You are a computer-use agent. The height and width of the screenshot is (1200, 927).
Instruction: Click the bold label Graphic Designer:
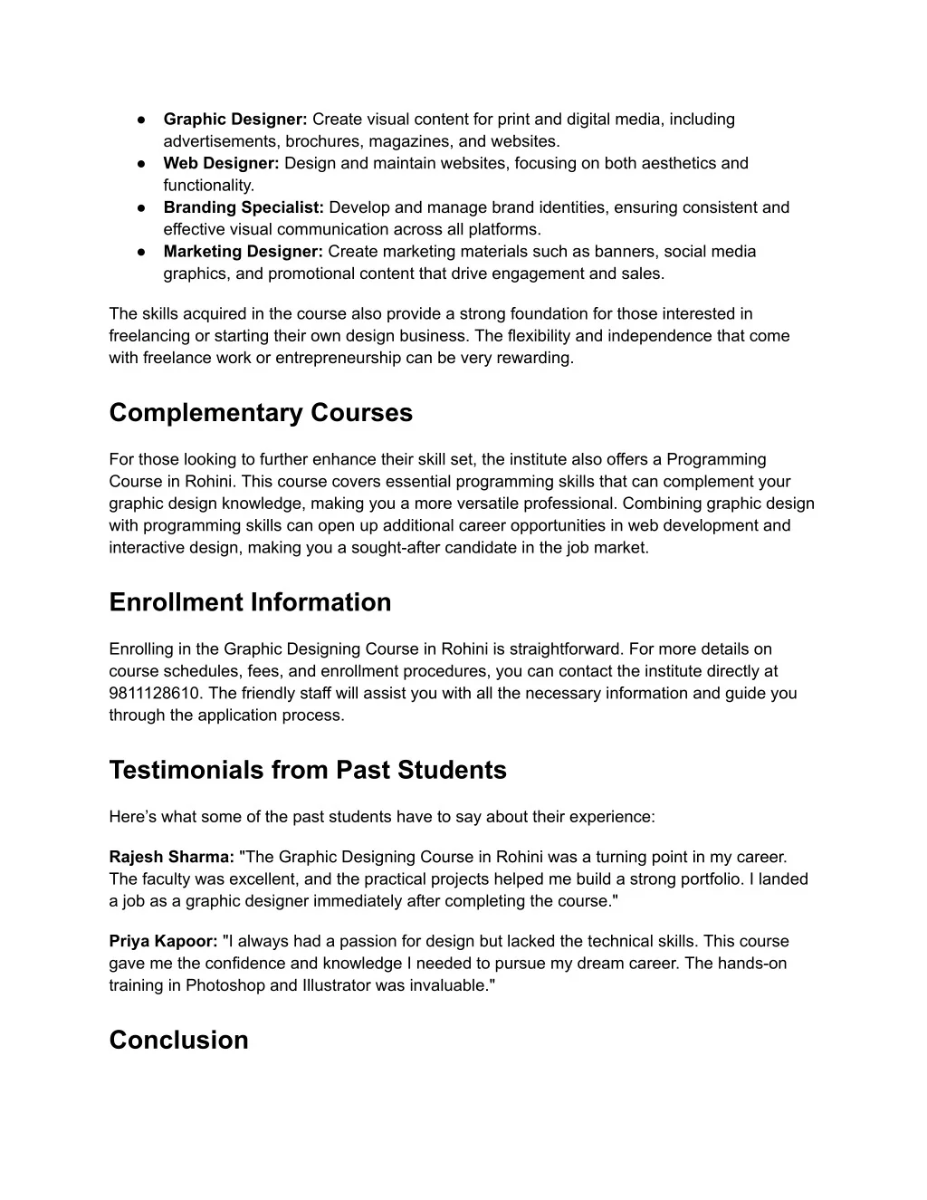pos(235,120)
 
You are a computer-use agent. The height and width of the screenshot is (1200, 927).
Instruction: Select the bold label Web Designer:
pos(221,164)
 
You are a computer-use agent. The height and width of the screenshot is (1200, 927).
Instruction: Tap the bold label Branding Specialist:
pos(244,207)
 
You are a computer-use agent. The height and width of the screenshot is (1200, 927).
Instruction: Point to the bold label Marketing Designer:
pos(243,252)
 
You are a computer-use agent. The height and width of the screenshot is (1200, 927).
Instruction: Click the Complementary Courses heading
pos(261,413)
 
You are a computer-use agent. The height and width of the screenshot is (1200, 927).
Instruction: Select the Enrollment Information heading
pos(250,602)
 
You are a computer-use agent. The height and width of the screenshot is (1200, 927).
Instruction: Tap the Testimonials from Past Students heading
pos(308,770)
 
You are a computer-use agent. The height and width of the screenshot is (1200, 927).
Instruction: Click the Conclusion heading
pos(178,1040)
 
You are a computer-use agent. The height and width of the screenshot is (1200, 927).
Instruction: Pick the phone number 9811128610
pos(148,694)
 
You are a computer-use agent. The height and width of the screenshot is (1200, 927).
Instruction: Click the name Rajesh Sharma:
pos(172,857)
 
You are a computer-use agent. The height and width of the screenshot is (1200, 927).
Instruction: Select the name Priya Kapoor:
pos(163,942)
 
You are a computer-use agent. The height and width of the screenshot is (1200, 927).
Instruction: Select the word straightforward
pos(563,649)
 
